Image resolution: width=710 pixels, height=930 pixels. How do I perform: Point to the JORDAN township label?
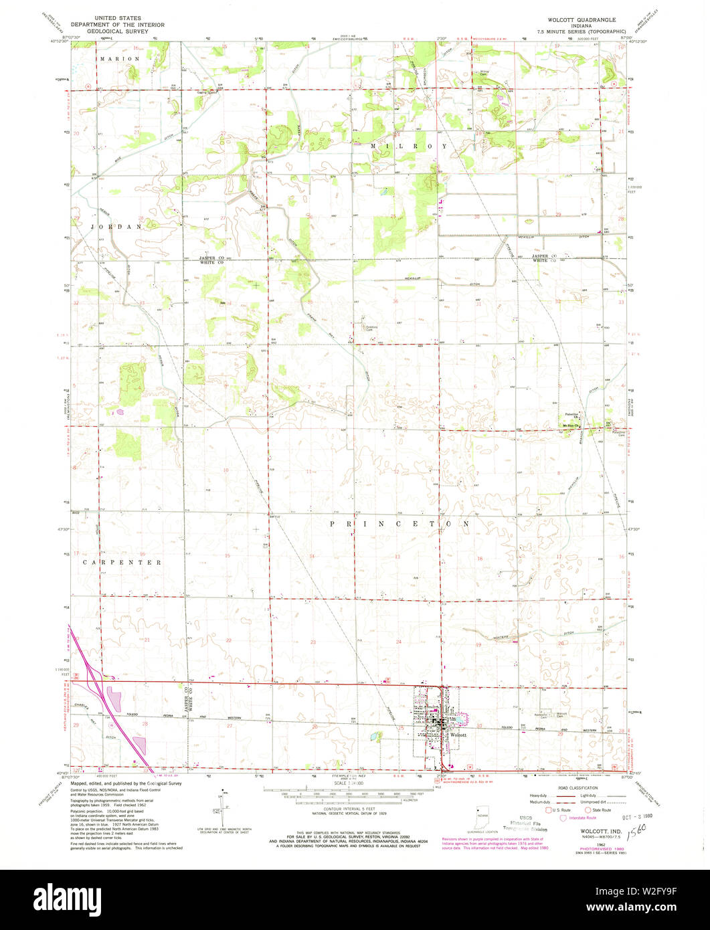pyautogui.click(x=117, y=227)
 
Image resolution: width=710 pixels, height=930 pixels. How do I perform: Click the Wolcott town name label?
pyautogui.click(x=458, y=735)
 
